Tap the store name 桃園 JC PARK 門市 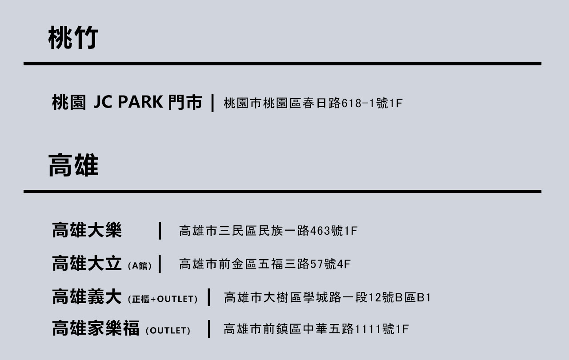click(127, 103)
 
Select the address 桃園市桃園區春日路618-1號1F click(313, 104)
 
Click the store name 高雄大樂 click(87, 231)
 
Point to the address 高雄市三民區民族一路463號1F click(268, 231)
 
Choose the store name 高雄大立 click(87, 264)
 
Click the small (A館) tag click(140, 266)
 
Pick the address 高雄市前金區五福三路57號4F click(265, 264)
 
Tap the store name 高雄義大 click(87, 297)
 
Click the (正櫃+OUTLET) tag click(162, 299)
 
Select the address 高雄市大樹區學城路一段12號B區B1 click(327, 298)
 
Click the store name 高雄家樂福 click(96, 329)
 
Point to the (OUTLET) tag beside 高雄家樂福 click(168, 331)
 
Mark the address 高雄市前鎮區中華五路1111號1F click(316, 329)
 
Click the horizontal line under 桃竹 click(282, 64)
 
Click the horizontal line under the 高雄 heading click(282, 192)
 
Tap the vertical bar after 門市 click(213, 103)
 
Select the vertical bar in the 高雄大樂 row click(160, 231)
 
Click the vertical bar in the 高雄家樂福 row click(209, 329)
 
